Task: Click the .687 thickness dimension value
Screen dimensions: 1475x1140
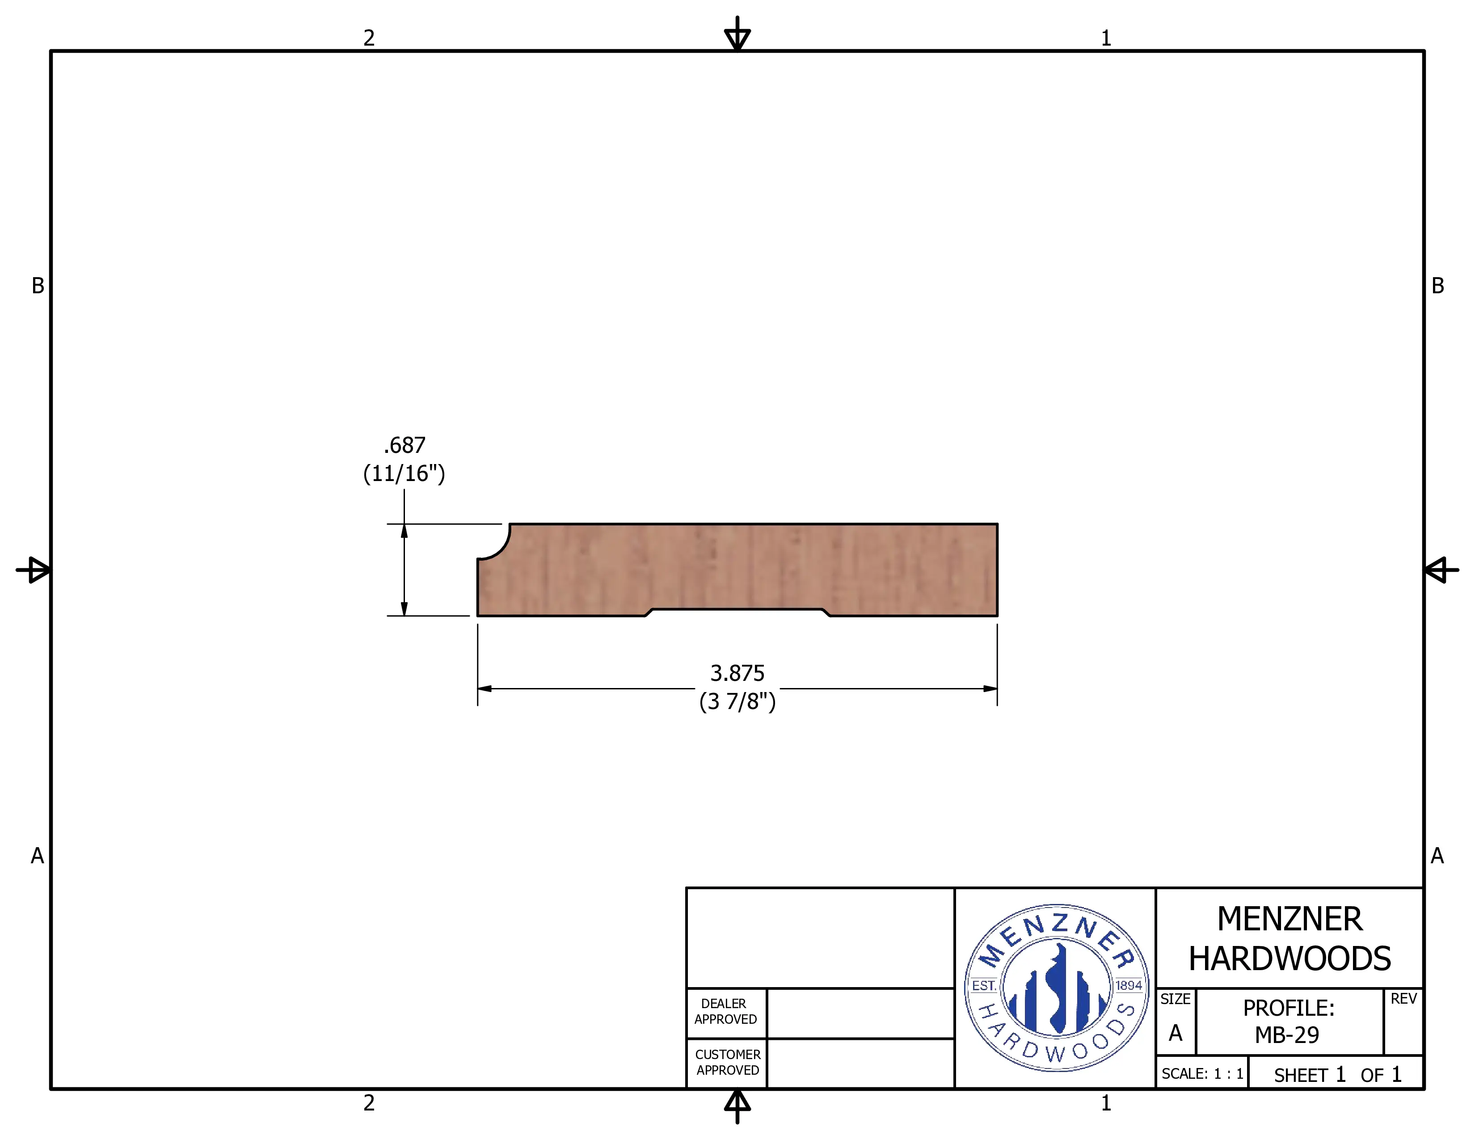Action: click(405, 445)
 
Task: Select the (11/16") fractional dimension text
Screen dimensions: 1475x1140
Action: click(404, 473)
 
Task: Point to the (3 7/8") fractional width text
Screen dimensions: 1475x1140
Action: click(737, 702)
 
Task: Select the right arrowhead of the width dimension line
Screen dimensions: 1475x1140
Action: click(990, 689)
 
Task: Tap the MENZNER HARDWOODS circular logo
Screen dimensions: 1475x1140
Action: click(1056, 988)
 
